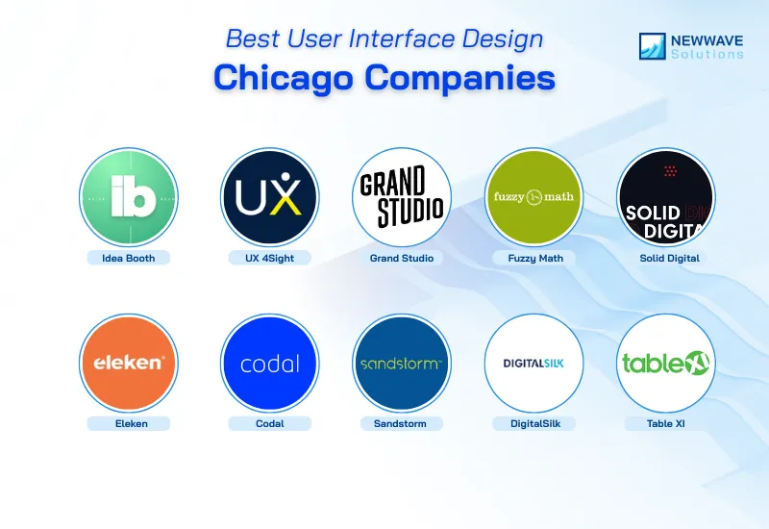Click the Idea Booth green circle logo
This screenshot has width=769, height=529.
coord(128,197)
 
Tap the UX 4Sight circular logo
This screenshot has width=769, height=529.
coord(270,197)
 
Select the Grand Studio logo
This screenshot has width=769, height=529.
coord(402,197)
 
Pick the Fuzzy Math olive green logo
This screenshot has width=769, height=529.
coord(533,197)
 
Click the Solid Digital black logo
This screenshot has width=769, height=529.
coord(666,197)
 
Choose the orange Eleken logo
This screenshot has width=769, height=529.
coord(128,364)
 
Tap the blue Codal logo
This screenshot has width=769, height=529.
coord(270,364)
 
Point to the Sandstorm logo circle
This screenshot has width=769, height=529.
coord(402,364)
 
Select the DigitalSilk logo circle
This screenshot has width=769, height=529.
coord(533,364)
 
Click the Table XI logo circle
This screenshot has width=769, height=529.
coord(666,364)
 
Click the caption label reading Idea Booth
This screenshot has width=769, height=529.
coord(128,258)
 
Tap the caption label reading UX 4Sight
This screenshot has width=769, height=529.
coord(270,258)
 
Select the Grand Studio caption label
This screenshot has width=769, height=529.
coord(402,258)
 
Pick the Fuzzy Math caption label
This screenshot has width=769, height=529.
coord(533,258)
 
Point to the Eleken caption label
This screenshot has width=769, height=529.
coord(128,423)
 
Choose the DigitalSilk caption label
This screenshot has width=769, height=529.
coord(533,423)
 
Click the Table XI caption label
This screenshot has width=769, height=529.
coord(666,423)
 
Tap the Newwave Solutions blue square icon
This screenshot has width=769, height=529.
coord(654,47)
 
